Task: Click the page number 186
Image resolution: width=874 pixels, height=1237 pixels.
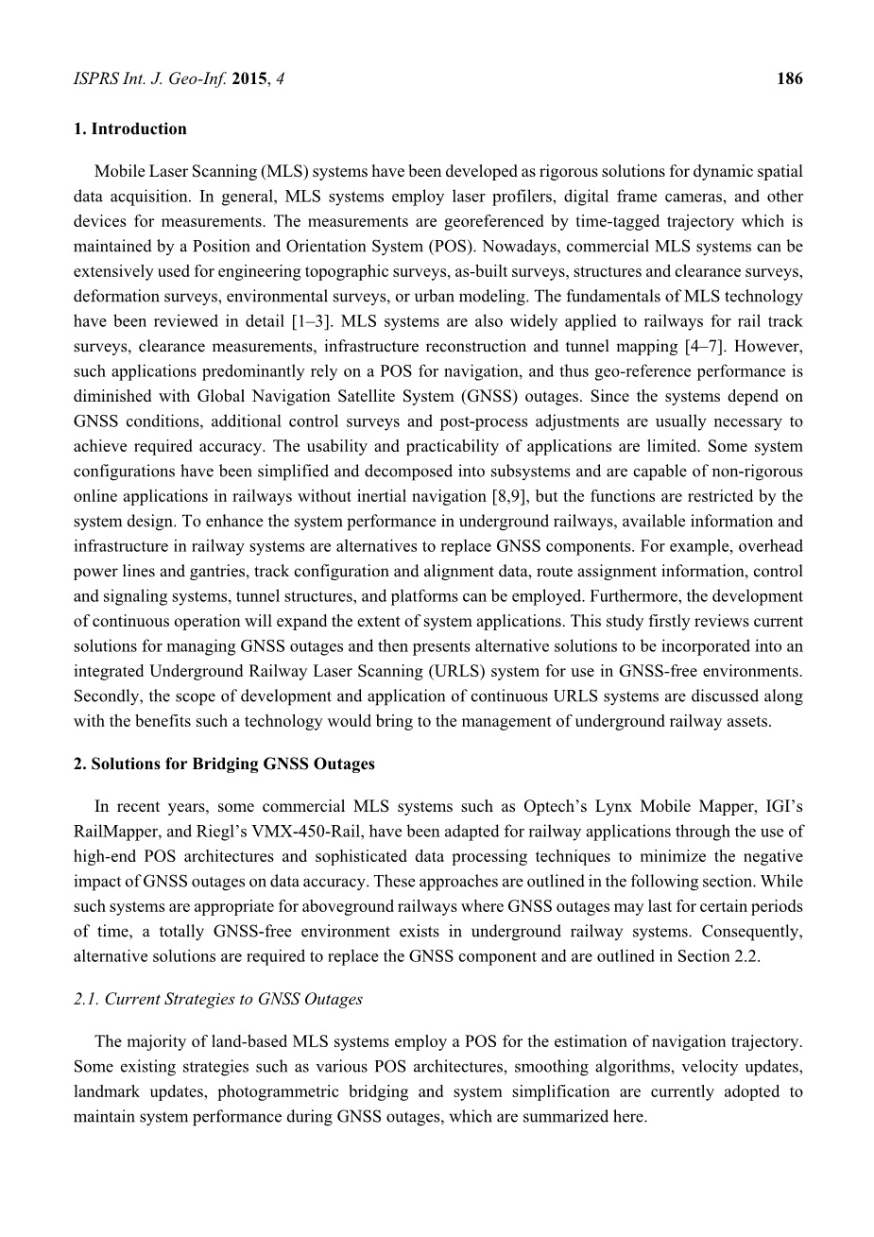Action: click(789, 78)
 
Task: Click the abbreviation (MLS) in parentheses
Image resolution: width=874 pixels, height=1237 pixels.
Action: click(284, 172)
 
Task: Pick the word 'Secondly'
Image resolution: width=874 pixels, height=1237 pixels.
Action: click(106, 696)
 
